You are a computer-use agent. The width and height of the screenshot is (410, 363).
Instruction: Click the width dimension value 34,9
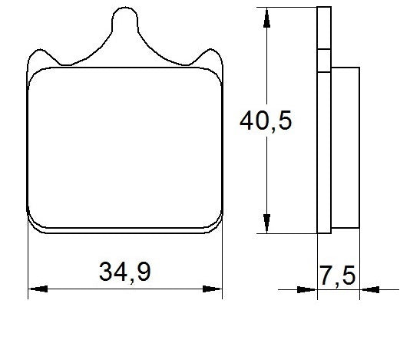pyautogui.click(x=124, y=271)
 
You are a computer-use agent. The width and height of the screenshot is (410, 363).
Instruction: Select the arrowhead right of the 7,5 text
pyautogui.click(x=369, y=289)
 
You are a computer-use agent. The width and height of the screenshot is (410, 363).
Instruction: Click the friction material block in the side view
pyautogui.click(x=346, y=146)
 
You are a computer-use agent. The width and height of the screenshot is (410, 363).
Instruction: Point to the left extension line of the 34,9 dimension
pyautogui.click(x=28, y=261)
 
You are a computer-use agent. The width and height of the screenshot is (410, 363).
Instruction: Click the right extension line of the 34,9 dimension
pyautogui.click(x=222, y=261)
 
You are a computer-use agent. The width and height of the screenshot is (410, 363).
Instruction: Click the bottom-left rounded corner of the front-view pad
pyautogui.click(x=34, y=224)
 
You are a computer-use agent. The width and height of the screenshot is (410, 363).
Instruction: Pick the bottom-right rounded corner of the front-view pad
pyautogui.click(x=216, y=224)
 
